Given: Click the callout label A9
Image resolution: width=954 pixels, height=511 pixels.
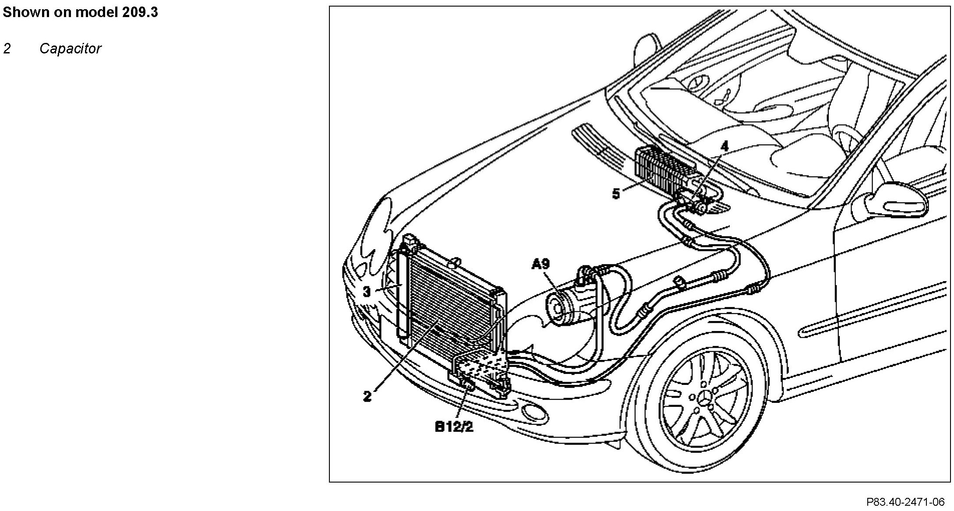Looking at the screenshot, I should [541, 264].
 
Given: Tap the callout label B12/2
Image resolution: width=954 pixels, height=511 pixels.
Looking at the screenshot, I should [454, 427].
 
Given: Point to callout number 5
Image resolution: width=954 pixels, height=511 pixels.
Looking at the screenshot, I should [616, 194].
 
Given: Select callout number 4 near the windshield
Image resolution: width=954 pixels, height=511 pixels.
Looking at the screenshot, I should [724, 146].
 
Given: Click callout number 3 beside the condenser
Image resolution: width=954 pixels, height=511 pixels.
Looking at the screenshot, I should [367, 292].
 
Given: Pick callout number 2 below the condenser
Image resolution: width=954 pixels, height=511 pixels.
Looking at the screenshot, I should [367, 396].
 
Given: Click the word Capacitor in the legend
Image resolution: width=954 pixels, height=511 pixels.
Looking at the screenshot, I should [70, 49].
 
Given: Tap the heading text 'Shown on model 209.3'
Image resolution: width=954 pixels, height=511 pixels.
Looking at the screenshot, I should [80, 12].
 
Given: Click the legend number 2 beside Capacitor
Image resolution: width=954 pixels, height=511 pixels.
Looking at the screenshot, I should [7, 49].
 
